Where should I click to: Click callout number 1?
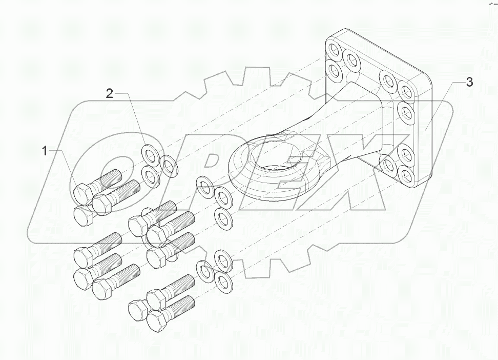pos(45,151)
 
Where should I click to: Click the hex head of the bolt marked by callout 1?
pos(82,193)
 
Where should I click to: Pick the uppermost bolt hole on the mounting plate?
pos(335,51)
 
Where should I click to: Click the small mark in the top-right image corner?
pos(491,4)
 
